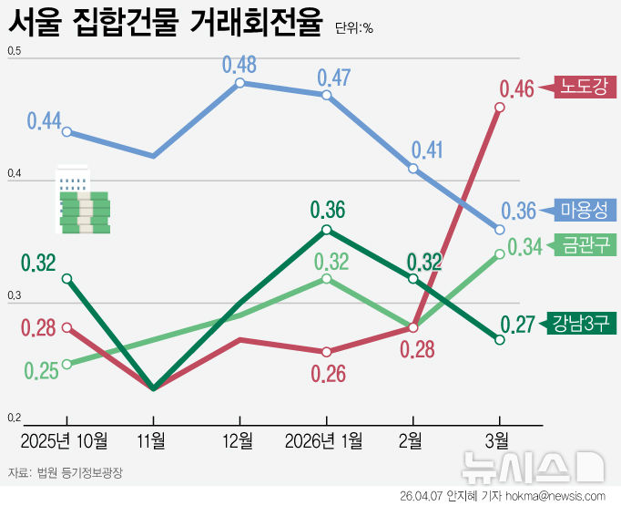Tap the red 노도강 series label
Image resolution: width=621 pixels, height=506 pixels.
pyautogui.click(x=588, y=87)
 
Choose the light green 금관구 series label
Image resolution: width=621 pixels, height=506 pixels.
pyautogui.click(x=585, y=246)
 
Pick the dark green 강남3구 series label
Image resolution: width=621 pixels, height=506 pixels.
pyautogui.click(x=581, y=322)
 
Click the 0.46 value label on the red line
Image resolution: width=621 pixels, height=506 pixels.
pyautogui.click(x=516, y=89)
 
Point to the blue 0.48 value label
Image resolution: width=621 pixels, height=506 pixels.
pyautogui.click(x=239, y=65)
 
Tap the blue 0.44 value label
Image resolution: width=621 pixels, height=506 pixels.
pyautogui.click(x=44, y=120)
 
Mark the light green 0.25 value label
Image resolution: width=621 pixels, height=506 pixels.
pyautogui.click(x=42, y=370)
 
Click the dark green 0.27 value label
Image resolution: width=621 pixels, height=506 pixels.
pyautogui.click(x=516, y=325)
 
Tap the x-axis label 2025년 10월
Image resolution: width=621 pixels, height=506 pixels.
pyautogui.click(x=65, y=441)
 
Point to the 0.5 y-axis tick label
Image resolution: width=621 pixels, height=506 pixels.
pyautogui.click(x=14, y=54)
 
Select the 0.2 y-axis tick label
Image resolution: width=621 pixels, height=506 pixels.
pyautogui.click(x=14, y=418)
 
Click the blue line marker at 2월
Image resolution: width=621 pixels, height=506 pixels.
pyautogui.click(x=413, y=169)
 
